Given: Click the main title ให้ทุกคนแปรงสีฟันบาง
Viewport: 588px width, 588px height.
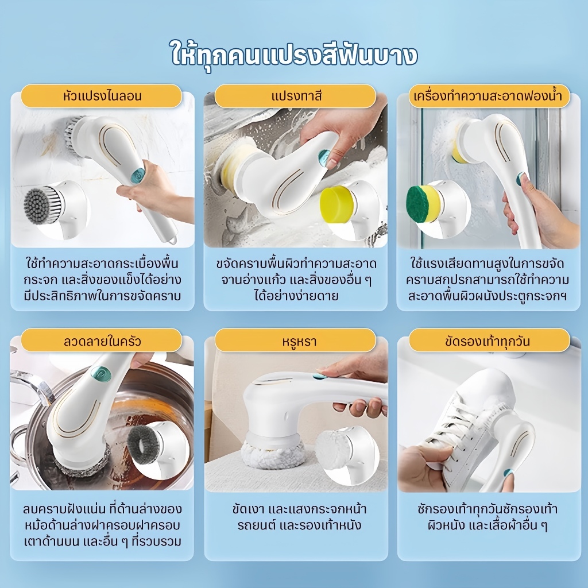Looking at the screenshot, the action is pyautogui.click(x=294, y=56).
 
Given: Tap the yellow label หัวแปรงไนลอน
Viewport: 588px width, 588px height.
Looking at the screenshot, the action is pyautogui.click(x=102, y=96).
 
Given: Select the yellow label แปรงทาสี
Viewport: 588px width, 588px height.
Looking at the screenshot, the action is pyautogui.click(x=295, y=96).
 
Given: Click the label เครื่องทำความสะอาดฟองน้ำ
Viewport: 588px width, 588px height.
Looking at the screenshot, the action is pyautogui.click(x=488, y=96).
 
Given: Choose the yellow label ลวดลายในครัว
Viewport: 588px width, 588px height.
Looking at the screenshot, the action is pyautogui.click(x=102, y=341).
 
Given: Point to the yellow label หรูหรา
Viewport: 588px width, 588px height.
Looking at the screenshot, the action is pyautogui.click(x=295, y=341).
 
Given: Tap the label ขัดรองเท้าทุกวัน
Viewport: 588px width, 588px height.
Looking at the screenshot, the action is pyautogui.click(x=488, y=341).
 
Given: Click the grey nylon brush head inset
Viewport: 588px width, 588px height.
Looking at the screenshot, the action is pyautogui.click(x=42, y=206).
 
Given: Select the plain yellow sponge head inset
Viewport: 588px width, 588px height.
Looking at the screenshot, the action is pyautogui.click(x=336, y=204).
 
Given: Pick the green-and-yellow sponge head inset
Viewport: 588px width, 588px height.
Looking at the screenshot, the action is pyautogui.click(x=423, y=204).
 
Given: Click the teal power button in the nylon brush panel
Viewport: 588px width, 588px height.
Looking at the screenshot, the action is pyautogui.click(x=139, y=175).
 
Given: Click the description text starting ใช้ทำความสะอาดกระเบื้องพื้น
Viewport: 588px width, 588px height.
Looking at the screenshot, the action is pyautogui.click(x=102, y=280).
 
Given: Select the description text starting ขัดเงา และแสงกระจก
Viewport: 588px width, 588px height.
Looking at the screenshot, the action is pyautogui.click(x=299, y=517).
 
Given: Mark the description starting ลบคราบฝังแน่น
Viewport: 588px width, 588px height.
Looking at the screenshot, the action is pyautogui.click(x=102, y=525).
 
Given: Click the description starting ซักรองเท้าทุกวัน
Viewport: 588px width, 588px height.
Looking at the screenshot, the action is pyautogui.click(x=488, y=517).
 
